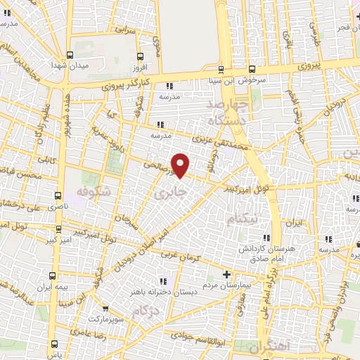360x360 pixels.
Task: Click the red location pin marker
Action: (181, 165)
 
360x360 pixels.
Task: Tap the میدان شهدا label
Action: (67, 65)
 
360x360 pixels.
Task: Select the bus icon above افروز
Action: (140, 56)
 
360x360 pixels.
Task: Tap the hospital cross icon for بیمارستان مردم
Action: (226, 274)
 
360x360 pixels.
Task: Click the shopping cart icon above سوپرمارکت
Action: (104, 308)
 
